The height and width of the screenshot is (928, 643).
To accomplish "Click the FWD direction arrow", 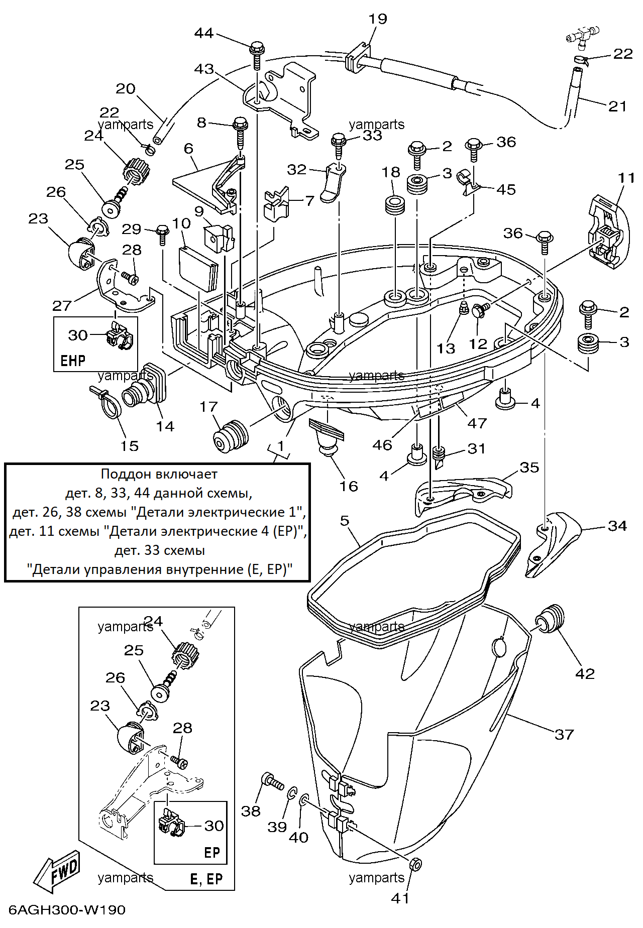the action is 57,872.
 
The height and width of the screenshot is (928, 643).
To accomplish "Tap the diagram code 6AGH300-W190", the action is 67,910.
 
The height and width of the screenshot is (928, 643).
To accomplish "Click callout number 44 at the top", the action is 204,33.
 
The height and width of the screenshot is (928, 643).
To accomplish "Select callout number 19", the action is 378,19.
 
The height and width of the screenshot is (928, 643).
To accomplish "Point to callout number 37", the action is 564,735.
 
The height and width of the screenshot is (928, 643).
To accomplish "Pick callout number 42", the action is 585,673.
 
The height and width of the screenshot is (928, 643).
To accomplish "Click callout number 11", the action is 626,178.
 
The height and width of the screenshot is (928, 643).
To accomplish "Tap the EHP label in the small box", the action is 73,361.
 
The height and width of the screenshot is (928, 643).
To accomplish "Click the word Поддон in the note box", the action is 126,474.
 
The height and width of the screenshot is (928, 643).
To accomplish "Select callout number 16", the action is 348,486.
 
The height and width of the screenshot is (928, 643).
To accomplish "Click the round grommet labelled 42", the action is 551,619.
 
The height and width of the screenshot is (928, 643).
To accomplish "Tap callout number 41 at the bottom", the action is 400,898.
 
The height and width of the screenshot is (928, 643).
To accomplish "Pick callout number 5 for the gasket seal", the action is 344,521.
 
